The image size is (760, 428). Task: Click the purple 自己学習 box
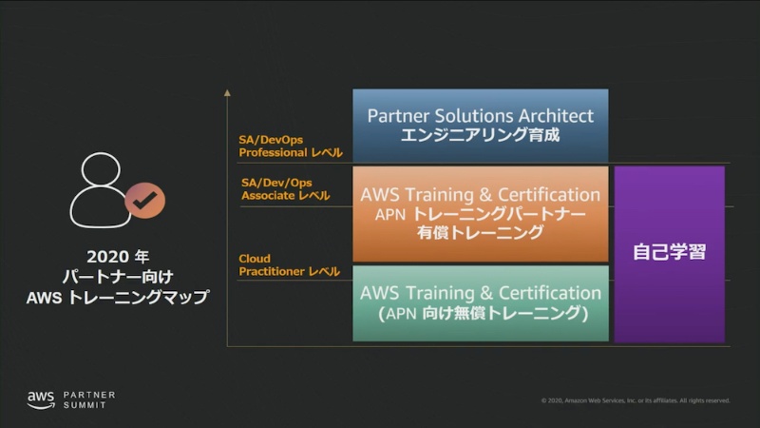pyautogui.click(x=670, y=254)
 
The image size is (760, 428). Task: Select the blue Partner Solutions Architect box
pyautogui.click(x=480, y=126)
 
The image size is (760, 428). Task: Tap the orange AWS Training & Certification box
pyautogui.click(x=480, y=213)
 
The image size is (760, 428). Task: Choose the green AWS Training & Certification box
pyautogui.click(x=480, y=302)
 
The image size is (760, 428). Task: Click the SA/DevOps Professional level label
pyautogui.click(x=290, y=146)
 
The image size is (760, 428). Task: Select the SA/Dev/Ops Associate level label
pyautogui.click(x=284, y=188)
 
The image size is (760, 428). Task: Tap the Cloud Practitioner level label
pyautogui.click(x=289, y=265)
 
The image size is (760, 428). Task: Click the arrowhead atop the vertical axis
pyautogui.click(x=228, y=93)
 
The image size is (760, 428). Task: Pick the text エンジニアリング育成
pyautogui.click(x=480, y=136)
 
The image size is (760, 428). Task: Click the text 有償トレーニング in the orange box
pyautogui.click(x=480, y=232)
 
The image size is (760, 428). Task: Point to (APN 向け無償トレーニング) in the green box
pyautogui.click(x=480, y=313)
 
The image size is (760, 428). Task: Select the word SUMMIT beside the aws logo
pyautogui.click(x=85, y=405)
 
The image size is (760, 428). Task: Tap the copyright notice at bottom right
pyautogui.click(x=635, y=400)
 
